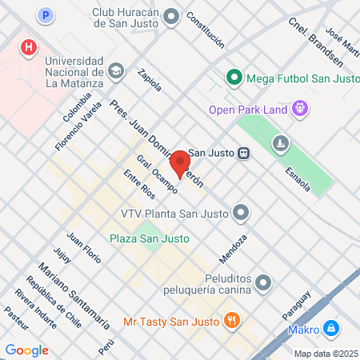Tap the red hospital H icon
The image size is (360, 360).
point(29,48)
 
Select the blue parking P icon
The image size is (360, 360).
point(46,14)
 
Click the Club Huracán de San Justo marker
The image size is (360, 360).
point(171,16)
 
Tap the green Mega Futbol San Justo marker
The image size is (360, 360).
point(234,78)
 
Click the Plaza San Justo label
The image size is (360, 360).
point(150,238)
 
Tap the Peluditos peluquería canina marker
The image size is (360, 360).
point(265,282)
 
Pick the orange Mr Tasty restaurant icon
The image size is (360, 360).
point(232,321)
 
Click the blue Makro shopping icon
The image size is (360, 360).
point(330,329)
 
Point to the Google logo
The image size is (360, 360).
point(27,350)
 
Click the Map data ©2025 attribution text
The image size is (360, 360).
point(326,353)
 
